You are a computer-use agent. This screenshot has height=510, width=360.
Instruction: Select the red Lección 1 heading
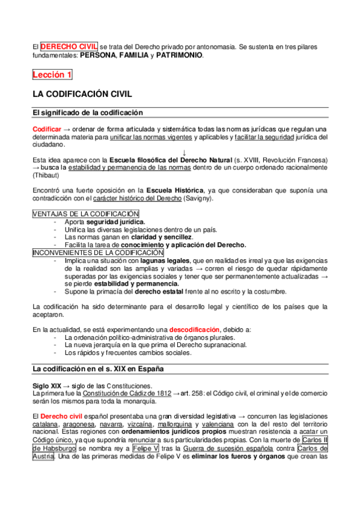click(x=52, y=75)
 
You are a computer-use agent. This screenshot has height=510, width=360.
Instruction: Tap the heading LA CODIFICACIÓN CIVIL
click(x=82, y=94)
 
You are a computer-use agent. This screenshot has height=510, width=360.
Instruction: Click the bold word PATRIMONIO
click(x=179, y=55)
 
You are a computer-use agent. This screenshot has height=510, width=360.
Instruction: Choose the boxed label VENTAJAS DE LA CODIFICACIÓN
click(x=85, y=214)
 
